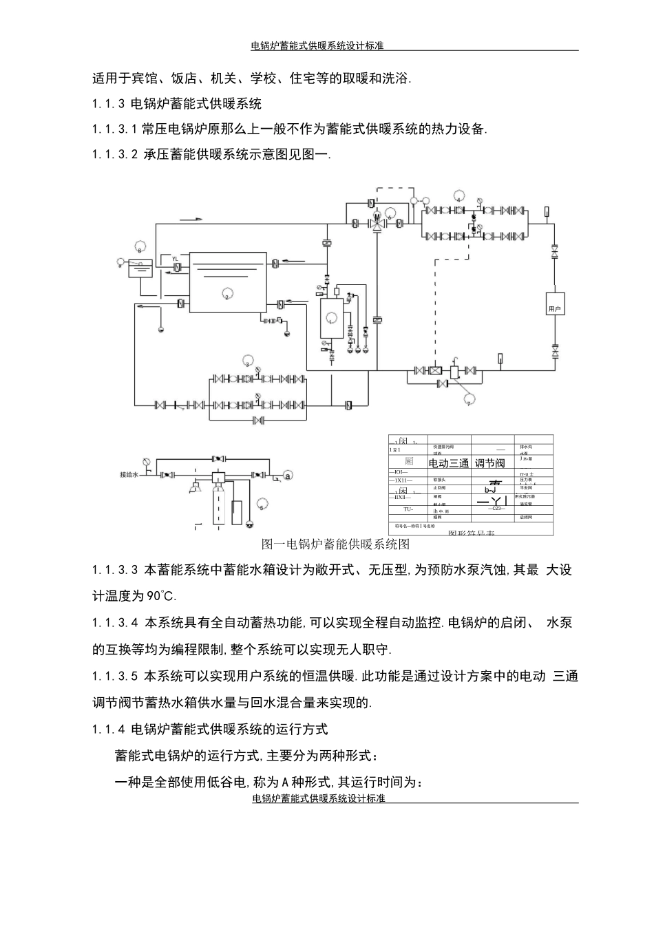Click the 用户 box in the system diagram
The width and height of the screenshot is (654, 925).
555,308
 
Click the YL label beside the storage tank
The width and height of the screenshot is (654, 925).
175,259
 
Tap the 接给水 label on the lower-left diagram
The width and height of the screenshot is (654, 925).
130,475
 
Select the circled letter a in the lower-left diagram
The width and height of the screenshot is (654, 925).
288,475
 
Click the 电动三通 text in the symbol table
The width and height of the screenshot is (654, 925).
449,463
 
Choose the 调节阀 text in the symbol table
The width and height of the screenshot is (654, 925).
490,463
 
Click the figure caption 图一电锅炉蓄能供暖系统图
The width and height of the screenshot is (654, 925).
336,544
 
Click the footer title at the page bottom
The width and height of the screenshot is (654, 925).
319,798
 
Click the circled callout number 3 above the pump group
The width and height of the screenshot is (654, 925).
249,363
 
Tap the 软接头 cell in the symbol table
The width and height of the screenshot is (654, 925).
441,480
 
